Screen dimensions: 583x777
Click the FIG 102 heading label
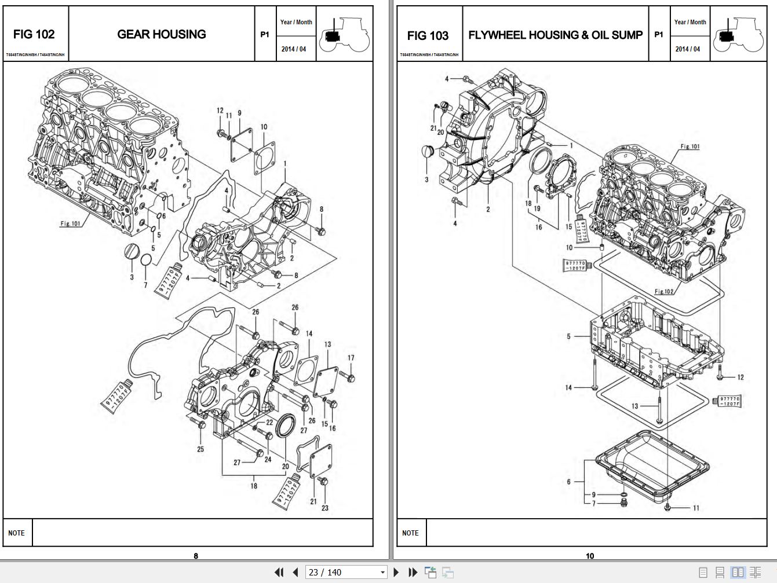point(34,35)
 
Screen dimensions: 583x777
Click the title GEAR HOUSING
point(162,34)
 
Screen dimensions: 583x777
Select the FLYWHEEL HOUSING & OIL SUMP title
point(555,35)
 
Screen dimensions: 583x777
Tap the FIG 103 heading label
point(428,35)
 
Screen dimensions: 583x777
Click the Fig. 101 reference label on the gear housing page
point(71,223)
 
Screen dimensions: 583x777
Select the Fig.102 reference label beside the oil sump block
point(664,291)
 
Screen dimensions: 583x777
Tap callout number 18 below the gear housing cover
point(253,486)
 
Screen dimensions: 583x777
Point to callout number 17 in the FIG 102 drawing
point(351,358)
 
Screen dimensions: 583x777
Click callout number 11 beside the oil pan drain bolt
point(696,508)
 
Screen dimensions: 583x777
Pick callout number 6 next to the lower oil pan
point(569,481)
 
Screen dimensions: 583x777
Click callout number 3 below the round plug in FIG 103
point(426,179)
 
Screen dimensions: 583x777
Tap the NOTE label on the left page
point(16,533)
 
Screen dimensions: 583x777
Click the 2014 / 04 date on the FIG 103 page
point(688,49)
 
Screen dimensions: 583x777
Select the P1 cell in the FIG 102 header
point(264,35)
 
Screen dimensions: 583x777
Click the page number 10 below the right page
point(589,556)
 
